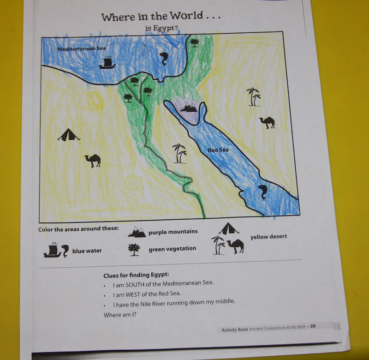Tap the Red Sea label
[x=218, y=150]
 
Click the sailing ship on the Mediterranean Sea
[x=107, y=62]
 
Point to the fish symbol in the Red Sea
[x=263, y=192]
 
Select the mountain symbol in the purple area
[x=188, y=107]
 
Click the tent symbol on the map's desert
[x=69, y=135]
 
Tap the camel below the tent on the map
[x=93, y=160]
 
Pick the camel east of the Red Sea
[x=267, y=122]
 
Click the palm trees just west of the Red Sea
[x=179, y=153]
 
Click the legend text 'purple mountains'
[x=173, y=232]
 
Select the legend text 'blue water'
[x=87, y=251]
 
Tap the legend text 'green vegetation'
[x=172, y=249]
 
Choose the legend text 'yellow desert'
[x=268, y=236]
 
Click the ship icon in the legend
[x=52, y=250]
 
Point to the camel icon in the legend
[x=235, y=247]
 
